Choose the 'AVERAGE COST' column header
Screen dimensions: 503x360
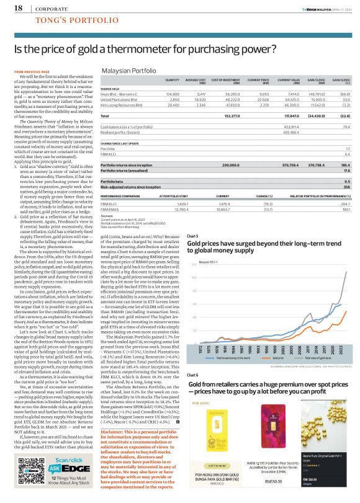coord(196,80)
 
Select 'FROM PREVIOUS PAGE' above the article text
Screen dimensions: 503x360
coord(27,72)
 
